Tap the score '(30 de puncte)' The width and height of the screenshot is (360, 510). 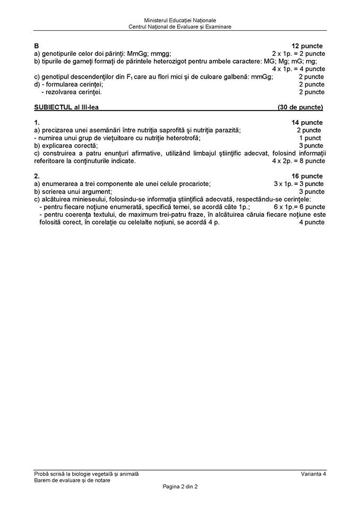coord(300,107)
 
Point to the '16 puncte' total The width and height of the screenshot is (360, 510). coord(307,176)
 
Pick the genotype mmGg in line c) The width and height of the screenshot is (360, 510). coord(261,77)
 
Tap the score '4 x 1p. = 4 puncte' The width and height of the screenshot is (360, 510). coord(298,69)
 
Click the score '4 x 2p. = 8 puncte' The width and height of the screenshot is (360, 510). coord(298,161)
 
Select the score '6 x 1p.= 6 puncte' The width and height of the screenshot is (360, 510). coord(299,207)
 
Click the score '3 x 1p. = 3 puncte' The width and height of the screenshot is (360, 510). coord(299,184)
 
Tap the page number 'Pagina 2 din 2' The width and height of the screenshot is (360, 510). coord(179,486)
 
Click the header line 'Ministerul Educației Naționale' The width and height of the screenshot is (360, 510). coord(179,20)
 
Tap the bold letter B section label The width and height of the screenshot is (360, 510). coord(36,46)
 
